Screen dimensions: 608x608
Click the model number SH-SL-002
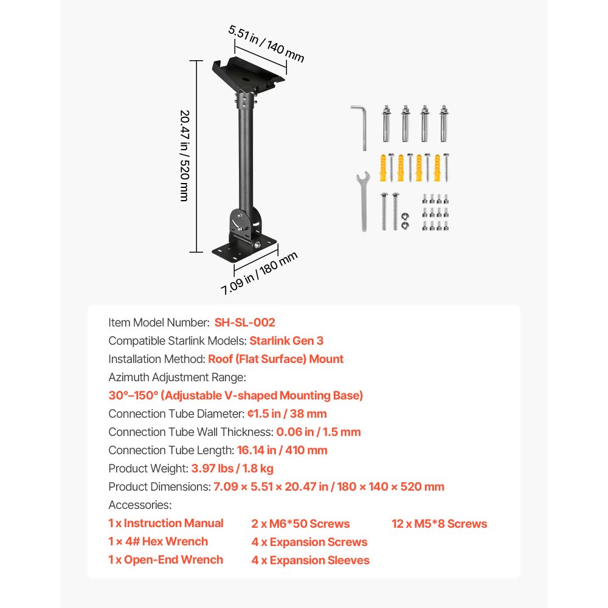click(x=244, y=322)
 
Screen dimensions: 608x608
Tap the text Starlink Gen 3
click(x=286, y=340)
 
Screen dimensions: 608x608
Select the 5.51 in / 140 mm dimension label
click(x=266, y=43)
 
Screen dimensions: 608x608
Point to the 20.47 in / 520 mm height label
click(x=185, y=156)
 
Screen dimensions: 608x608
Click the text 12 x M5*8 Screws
click(x=440, y=523)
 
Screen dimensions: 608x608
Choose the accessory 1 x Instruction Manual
click(x=166, y=523)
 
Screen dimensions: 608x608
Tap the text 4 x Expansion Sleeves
click(x=311, y=560)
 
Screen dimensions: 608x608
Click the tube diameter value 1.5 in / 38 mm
click(x=287, y=413)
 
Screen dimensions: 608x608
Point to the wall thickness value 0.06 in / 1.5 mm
click(x=319, y=432)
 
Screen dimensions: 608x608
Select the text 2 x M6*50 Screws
click(x=301, y=523)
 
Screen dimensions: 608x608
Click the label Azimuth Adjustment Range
click(x=177, y=377)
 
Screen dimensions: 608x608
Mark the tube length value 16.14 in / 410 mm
click(x=283, y=450)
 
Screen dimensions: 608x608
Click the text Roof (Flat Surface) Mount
click(x=276, y=359)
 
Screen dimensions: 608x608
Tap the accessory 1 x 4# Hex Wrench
click(x=158, y=541)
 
